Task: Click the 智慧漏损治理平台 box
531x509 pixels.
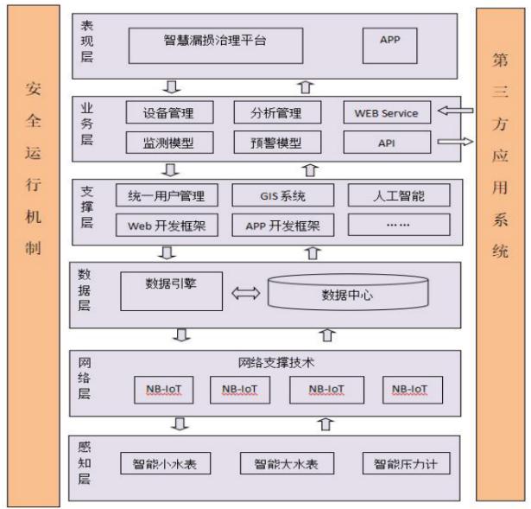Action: click(215, 41)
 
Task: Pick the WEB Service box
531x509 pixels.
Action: click(386, 113)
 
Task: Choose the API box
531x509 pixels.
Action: click(386, 142)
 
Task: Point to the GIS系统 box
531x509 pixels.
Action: click(281, 195)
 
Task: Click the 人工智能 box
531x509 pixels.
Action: click(399, 195)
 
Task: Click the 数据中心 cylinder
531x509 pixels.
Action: click(347, 294)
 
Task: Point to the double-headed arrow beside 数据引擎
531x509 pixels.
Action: click(245, 294)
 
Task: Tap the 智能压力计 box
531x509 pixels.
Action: click(405, 464)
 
